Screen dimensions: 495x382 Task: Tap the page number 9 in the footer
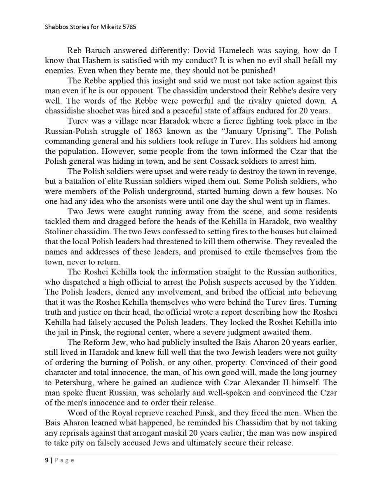click(47, 461)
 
